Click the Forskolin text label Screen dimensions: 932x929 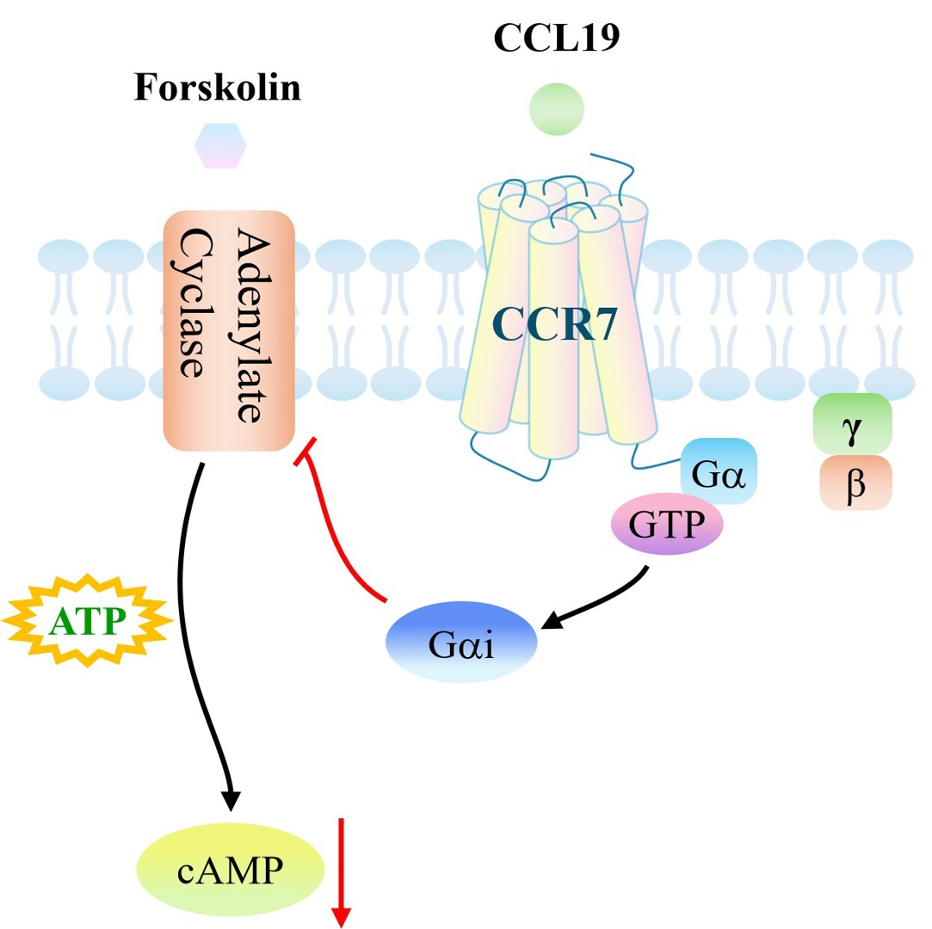(x=218, y=88)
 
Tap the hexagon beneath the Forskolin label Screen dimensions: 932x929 (x=220, y=145)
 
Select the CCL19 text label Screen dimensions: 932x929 (x=556, y=37)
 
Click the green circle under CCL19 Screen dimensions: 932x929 (x=557, y=109)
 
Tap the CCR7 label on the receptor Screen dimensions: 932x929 (x=554, y=323)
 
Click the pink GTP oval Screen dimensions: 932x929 (x=667, y=524)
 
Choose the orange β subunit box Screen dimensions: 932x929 (x=856, y=483)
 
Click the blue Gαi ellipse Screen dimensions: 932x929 (x=461, y=642)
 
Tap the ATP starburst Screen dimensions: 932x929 (x=88, y=621)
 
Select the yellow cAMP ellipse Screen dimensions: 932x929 (x=230, y=870)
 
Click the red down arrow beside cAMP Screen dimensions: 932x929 (x=341, y=872)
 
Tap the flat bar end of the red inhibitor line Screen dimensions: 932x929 (x=306, y=452)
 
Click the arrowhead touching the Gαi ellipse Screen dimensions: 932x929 (x=552, y=619)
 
